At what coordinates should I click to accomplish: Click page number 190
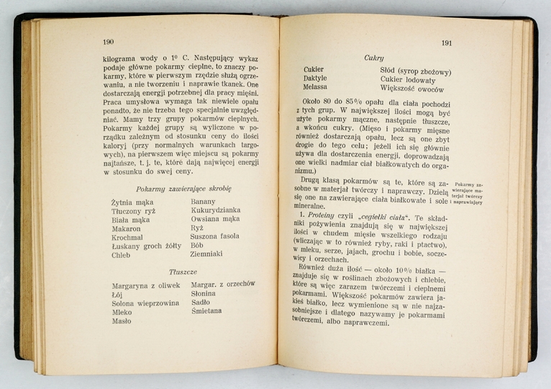click(109, 42)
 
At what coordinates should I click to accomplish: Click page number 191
click(446, 43)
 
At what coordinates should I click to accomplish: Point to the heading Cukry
click(373, 58)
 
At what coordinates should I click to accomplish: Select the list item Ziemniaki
click(206, 254)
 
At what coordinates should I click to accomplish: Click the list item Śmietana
click(206, 311)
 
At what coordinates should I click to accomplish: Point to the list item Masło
click(122, 321)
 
